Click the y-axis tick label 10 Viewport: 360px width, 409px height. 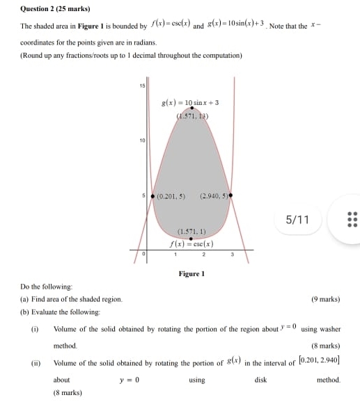(x=141, y=141)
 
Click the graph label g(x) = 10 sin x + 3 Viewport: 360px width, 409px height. (x=189, y=102)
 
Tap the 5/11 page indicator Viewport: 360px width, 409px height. (x=297, y=220)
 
